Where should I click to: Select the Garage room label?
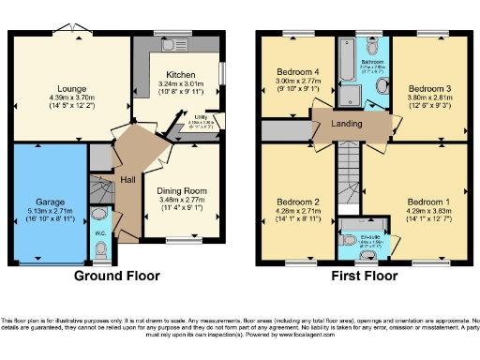(x=51, y=201)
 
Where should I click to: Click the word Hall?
(x=127, y=179)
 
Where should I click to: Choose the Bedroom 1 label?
(x=427, y=202)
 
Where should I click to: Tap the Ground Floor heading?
(x=116, y=276)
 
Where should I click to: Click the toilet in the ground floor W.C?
(x=101, y=247)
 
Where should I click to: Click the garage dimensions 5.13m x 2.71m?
(x=51, y=212)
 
